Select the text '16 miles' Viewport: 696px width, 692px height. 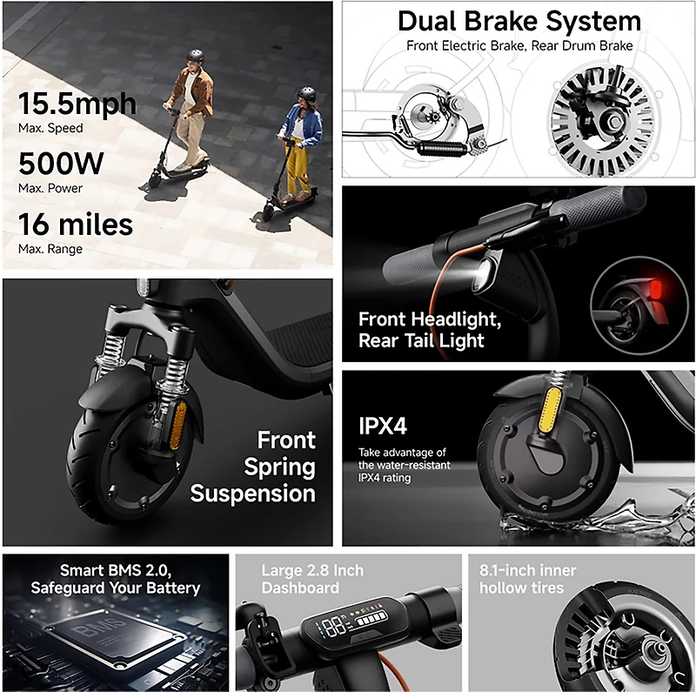[x=76, y=225]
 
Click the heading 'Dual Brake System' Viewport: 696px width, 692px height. [x=519, y=22]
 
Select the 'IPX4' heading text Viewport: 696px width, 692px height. [x=383, y=427]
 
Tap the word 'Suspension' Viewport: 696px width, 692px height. [x=252, y=494]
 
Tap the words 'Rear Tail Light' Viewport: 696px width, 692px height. [x=421, y=340]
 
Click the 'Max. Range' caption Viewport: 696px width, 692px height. [x=50, y=250]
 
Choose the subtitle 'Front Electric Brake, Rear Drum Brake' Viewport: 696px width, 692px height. [x=519, y=45]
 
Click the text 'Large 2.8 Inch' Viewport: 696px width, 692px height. [x=312, y=571]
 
